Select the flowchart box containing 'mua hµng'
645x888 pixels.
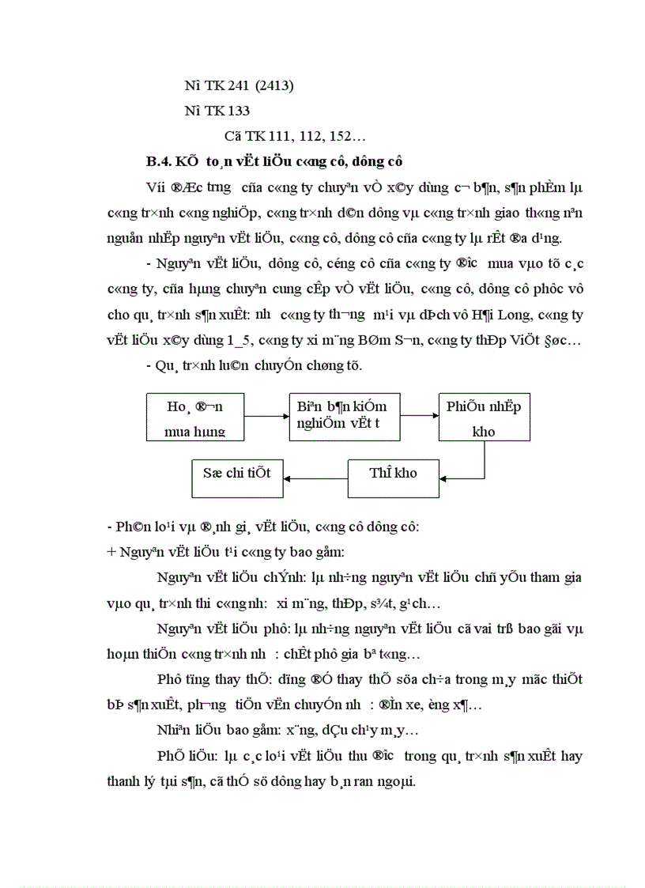(x=195, y=417)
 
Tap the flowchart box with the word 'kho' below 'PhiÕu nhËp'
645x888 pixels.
(x=484, y=417)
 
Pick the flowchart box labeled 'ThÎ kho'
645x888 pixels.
(x=394, y=474)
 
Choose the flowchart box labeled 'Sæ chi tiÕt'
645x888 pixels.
(x=237, y=474)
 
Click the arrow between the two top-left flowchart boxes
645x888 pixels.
(x=266, y=416)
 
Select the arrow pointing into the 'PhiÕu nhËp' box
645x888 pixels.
(x=420, y=416)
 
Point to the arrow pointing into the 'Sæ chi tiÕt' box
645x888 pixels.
(x=315, y=477)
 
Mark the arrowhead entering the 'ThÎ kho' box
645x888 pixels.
(x=446, y=477)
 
